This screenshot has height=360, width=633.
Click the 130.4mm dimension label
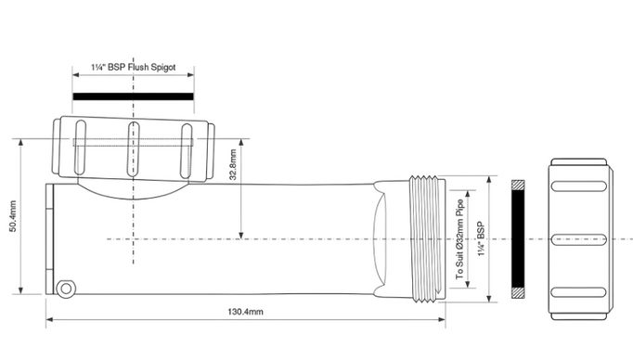pyautogui.click(x=245, y=312)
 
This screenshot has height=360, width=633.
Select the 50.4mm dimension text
pyautogui.click(x=13, y=216)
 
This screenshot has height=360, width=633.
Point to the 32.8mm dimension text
pyautogui.click(x=233, y=164)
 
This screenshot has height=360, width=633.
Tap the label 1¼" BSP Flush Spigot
pyautogui.click(x=134, y=67)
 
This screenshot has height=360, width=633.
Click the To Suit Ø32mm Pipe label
pyautogui.click(x=459, y=239)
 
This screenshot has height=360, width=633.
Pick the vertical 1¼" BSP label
pyautogui.click(x=481, y=239)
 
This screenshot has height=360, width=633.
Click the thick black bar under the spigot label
pyautogui.click(x=134, y=96)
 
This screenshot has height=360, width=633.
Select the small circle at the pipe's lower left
pyautogui.click(x=65, y=289)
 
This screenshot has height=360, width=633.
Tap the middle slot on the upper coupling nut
pyautogui.click(x=134, y=149)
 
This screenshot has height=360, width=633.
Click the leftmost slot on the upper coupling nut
pyautogui.click(x=80, y=148)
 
